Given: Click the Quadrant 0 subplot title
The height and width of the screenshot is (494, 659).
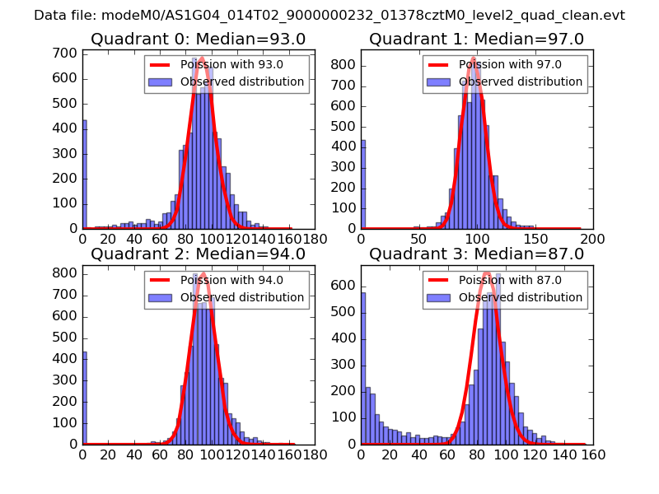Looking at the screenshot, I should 198,40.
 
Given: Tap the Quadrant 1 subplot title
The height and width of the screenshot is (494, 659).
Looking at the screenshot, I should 476,40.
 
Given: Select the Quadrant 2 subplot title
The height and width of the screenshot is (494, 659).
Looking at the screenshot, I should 198,254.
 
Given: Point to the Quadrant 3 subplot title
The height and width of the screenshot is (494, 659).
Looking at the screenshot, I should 476,254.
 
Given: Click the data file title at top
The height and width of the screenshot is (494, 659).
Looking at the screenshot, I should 329,15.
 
